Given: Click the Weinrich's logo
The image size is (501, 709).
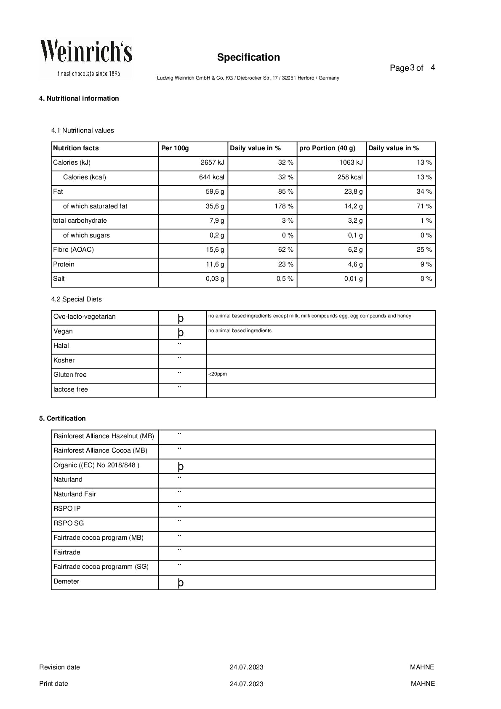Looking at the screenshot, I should point(86,59).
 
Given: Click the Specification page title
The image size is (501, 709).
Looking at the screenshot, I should point(248,57).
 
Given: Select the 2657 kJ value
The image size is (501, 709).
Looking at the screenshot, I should point(212,163).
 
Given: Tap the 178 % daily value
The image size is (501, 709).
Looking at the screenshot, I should point(284,206).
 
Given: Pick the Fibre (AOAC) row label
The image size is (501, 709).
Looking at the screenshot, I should point(73,250).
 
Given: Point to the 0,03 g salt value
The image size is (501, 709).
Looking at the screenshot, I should point(215,279).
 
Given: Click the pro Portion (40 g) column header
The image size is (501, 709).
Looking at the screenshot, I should point(327,148).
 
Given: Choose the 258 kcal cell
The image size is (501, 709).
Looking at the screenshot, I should point(349,177).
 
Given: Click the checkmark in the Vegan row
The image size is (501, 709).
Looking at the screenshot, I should point(181,333).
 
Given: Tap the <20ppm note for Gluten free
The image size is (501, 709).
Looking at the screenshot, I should point(217,374).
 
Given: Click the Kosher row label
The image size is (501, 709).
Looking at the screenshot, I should point(64,360).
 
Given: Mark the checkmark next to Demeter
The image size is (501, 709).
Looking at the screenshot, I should point(181,583).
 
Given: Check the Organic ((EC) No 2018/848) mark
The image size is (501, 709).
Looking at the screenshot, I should point(181,466).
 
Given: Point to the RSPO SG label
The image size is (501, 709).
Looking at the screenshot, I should point(69,523).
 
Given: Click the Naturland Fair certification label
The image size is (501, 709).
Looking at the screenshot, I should point(75,494).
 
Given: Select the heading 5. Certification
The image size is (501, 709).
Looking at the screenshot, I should point(62,418).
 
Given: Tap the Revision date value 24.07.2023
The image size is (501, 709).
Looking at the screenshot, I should point(246,667).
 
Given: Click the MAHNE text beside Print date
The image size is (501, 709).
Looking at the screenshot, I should point(422,684).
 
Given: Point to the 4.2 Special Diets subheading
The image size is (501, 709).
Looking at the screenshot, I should point(77,299).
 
